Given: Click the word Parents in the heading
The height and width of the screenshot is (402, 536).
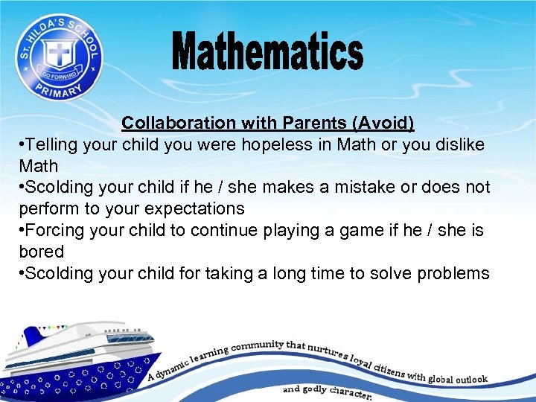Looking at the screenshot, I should click(x=322, y=122).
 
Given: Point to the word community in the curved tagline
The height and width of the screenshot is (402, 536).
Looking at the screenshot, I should click(x=257, y=346).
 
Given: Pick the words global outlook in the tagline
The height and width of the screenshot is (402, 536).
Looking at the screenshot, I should click(x=458, y=379).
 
